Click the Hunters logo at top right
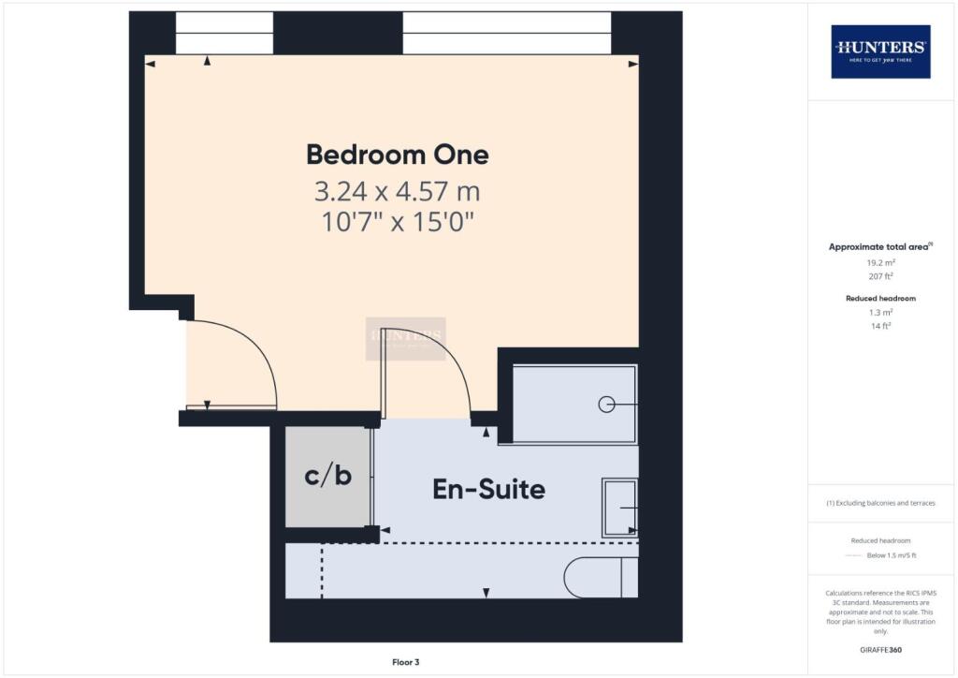[x=880, y=51]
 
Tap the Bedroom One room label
[x=398, y=154]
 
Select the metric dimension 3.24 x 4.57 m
[x=398, y=193]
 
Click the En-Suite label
[x=488, y=489]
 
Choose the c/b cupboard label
[x=328, y=476]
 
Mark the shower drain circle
[x=606, y=405]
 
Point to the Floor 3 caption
[x=406, y=662]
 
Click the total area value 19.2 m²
[x=879, y=263]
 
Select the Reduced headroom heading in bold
[x=879, y=298]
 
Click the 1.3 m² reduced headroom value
[x=879, y=312]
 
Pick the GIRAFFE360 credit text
[x=879, y=649]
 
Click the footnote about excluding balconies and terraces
[x=879, y=503]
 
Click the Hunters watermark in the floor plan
[x=405, y=338]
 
